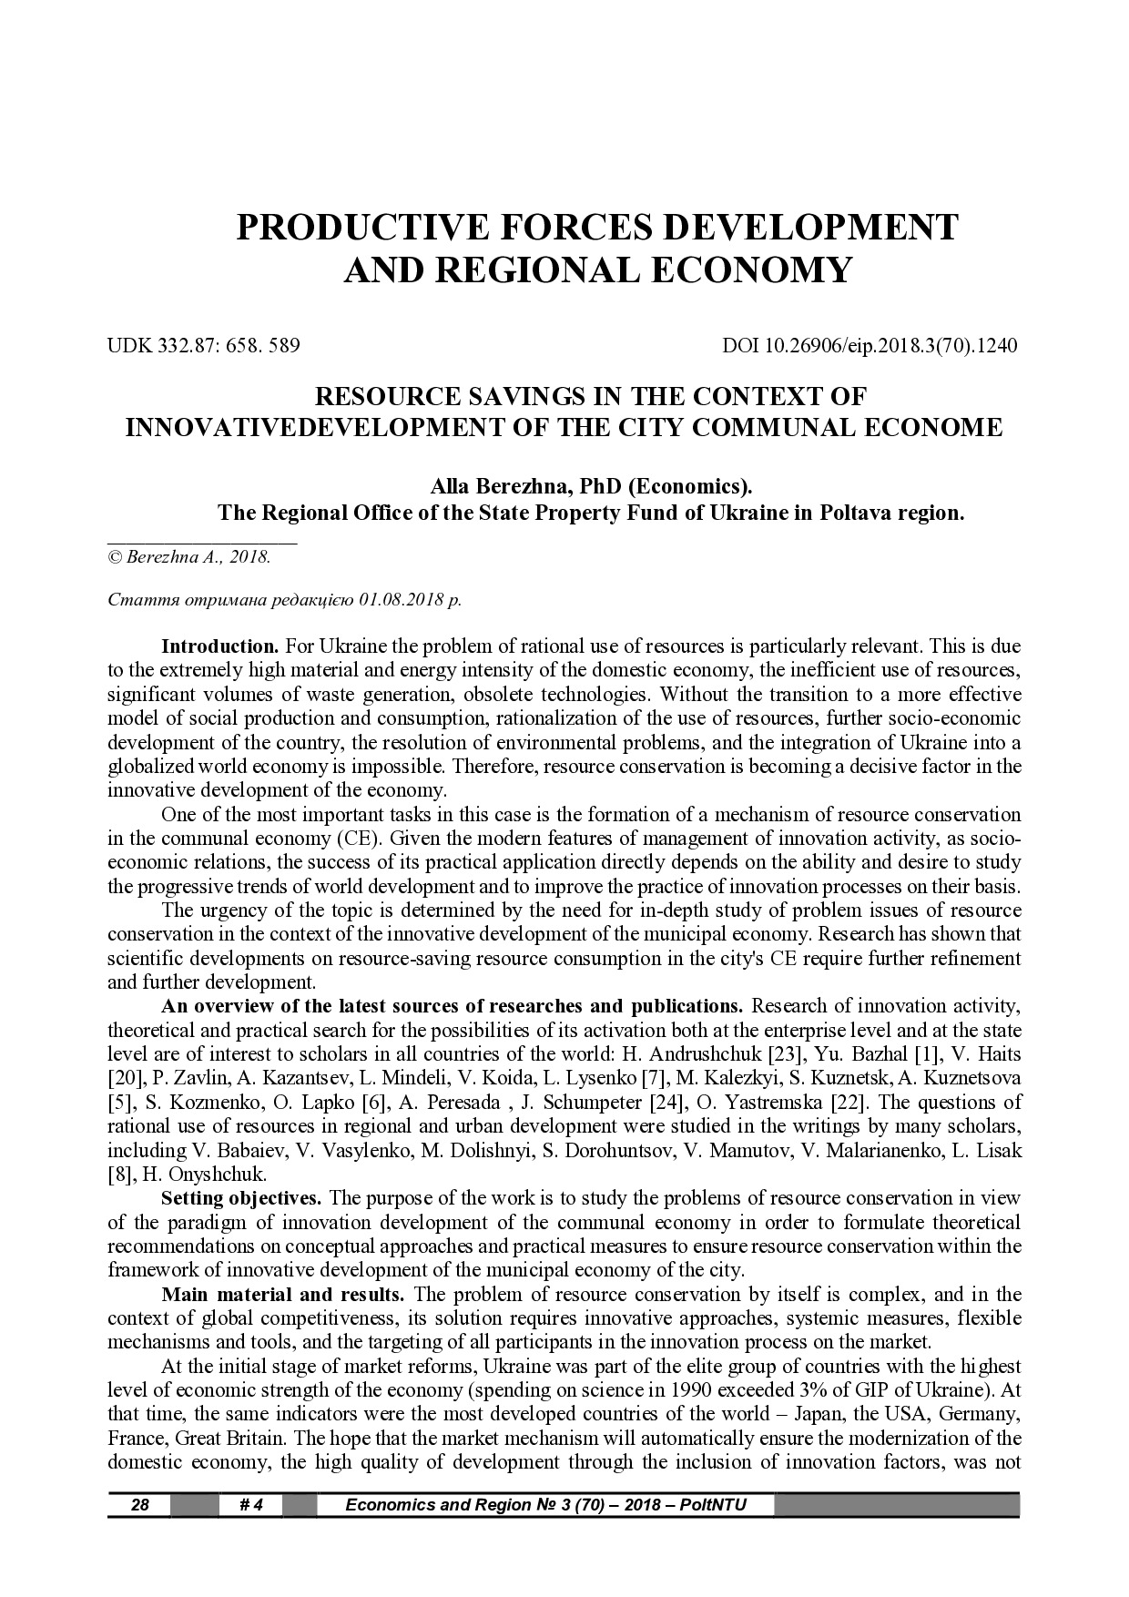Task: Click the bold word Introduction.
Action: pos(219,647)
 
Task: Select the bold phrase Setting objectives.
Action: pos(240,1197)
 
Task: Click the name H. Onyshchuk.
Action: pos(199,1175)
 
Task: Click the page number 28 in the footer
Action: pos(140,1505)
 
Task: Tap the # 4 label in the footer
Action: pos(250,1505)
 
